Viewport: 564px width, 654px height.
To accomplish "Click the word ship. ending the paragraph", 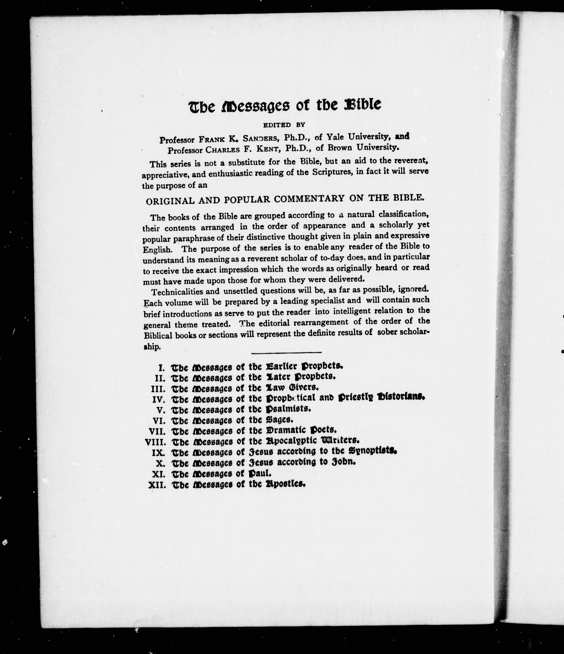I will [152, 347].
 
